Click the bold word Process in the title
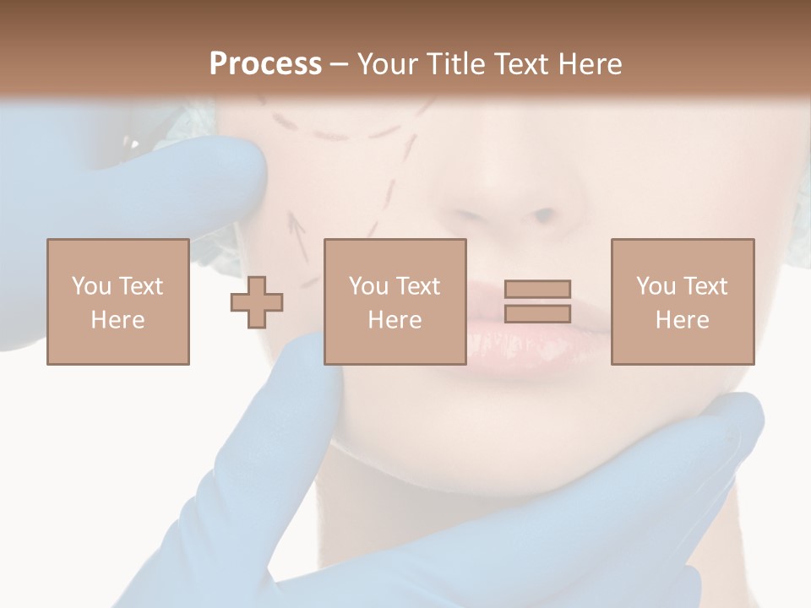(265, 64)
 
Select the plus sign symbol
(257, 302)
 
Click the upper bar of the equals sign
(537, 289)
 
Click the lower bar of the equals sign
(537, 314)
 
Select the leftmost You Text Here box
(117, 301)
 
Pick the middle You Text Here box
(395, 301)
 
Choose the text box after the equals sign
(682, 301)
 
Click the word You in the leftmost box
(90, 285)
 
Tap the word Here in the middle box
(395, 320)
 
